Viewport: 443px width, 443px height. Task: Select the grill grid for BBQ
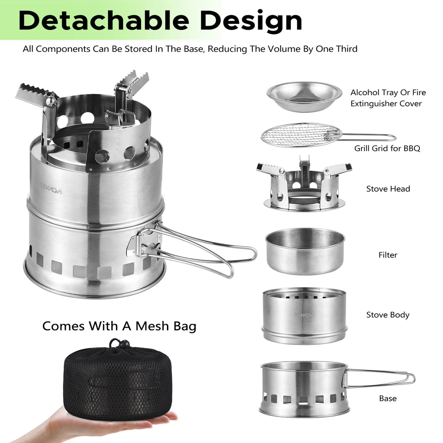click(x=301, y=135)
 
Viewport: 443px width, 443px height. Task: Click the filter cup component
click(x=305, y=251)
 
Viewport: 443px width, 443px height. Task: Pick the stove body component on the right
click(x=304, y=316)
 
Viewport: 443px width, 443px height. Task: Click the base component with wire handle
click(x=304, y=389)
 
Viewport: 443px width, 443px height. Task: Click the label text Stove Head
click(x=388, y=189)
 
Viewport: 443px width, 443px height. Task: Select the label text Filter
click(x=388, y=255)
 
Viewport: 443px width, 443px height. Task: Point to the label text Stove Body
click(x=388, y=315)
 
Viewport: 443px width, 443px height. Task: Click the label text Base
click(x=388, y=398)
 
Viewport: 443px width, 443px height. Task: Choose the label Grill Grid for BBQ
click(x=387, y=148)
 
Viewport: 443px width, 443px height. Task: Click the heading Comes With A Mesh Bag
click(x=119, y=326)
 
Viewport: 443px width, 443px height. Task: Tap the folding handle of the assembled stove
click(x=203, y=251)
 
